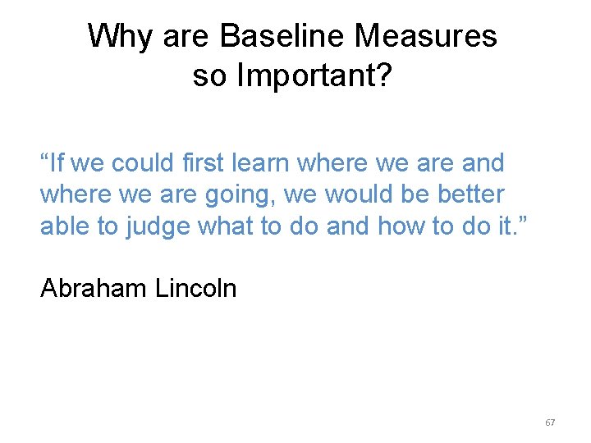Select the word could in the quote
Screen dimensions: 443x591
(141, 162)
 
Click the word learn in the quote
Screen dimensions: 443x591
(264, 162)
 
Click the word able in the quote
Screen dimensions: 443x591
(66, 226)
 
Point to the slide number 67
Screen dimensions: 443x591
(550, 422)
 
